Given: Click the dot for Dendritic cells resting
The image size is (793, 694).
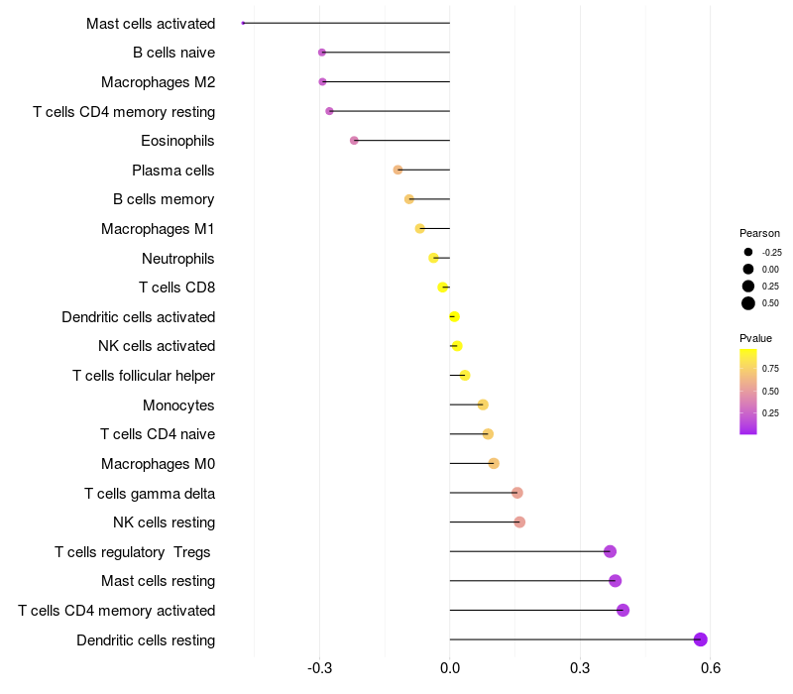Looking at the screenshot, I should [x=701, y=639].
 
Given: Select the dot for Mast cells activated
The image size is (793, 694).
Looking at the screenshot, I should [x=243, y=23].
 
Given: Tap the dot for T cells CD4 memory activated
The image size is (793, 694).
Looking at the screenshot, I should [x=623, y=610].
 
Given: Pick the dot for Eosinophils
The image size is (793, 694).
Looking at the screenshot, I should [x=354, y=141].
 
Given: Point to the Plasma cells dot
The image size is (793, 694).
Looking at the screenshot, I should [x=397, y=170].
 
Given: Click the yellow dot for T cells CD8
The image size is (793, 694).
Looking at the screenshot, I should [x=443, y=288].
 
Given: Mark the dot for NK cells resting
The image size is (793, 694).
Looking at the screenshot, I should [x=519, y=522].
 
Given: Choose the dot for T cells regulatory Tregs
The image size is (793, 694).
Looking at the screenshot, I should [x=610, y=551].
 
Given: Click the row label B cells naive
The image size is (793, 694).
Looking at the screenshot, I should [x=173, y=53].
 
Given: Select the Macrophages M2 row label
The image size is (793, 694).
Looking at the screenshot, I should [x=158, y=82].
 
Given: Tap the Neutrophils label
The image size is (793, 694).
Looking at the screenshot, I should [x=177, y=259].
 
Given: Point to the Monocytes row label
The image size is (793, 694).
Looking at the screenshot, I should [x=178, y=405].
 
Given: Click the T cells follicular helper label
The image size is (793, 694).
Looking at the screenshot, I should [x=144, y=376].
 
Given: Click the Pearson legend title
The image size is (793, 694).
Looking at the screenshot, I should [x=760, y=233].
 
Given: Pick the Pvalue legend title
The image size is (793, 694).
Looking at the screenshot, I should [x=755, y=338].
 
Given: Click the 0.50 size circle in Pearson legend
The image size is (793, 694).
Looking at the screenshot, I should [x=748, y=303].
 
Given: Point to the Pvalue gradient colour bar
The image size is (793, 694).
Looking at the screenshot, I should [x=748, y=392].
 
